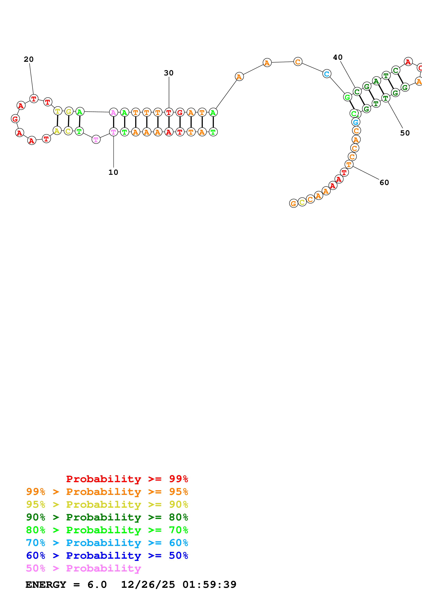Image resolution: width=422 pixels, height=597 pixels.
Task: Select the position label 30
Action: click(169, 73)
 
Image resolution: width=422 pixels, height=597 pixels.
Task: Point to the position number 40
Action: click(338, 58)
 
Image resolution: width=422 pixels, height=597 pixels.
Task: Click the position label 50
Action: click(405, 133)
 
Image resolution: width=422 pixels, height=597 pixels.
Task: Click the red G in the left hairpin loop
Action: click(15, 119)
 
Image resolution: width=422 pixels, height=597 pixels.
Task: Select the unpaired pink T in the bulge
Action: click(96, 140)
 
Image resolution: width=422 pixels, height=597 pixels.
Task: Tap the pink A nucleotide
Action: click(113, 112)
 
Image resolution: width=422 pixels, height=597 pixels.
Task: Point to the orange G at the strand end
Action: click(293, 203)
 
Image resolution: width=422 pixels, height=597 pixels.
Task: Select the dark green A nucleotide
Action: click(376, 81)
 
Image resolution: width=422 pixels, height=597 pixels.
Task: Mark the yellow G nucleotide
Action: click(69, 111)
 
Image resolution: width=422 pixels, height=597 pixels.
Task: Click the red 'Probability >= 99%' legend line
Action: click(127, 479)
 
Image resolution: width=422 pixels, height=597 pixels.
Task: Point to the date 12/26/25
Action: click(148, 585)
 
